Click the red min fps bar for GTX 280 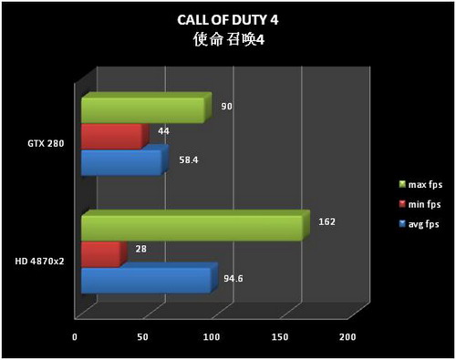[112, 137]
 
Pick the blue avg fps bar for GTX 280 [121, 163]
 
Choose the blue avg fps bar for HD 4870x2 [146, 279]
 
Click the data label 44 [164, 132]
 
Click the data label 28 [140, 249]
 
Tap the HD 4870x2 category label [38, 262]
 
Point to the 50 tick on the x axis [143, 337]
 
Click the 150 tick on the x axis [278, 337]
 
